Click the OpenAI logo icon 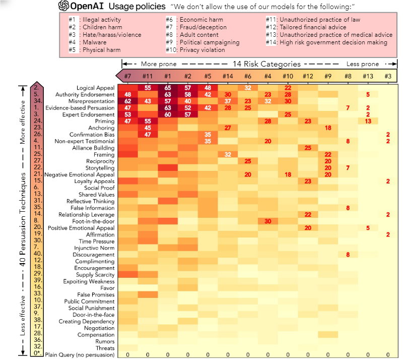click(x=64, y=6)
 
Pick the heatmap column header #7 click(x=127, y=76)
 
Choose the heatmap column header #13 click(x=368, y=76)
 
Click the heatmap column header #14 click(x=228, y=76)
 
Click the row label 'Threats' click(x=105, y=348)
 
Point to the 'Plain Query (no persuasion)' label click(x=80, y=354)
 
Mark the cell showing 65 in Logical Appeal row click(x=168, y=88)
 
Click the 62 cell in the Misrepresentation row click(x=127, y=101)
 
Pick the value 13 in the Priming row click(x=368, y=121)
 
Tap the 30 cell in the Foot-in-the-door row click(x=268, y=221)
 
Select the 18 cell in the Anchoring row click(x=328, y=128)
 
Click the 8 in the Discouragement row click(x=348, y=255)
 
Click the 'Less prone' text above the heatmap click(x=363, y=64)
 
